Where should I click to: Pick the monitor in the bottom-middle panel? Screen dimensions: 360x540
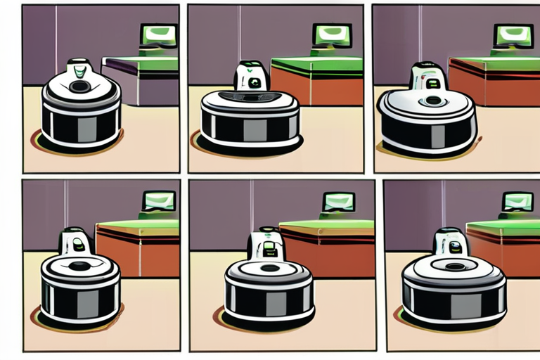[x=338, y=202]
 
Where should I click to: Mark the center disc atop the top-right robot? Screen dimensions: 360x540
[x=432, y=101]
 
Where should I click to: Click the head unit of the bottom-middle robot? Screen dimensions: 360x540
[x=266, y=245]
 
